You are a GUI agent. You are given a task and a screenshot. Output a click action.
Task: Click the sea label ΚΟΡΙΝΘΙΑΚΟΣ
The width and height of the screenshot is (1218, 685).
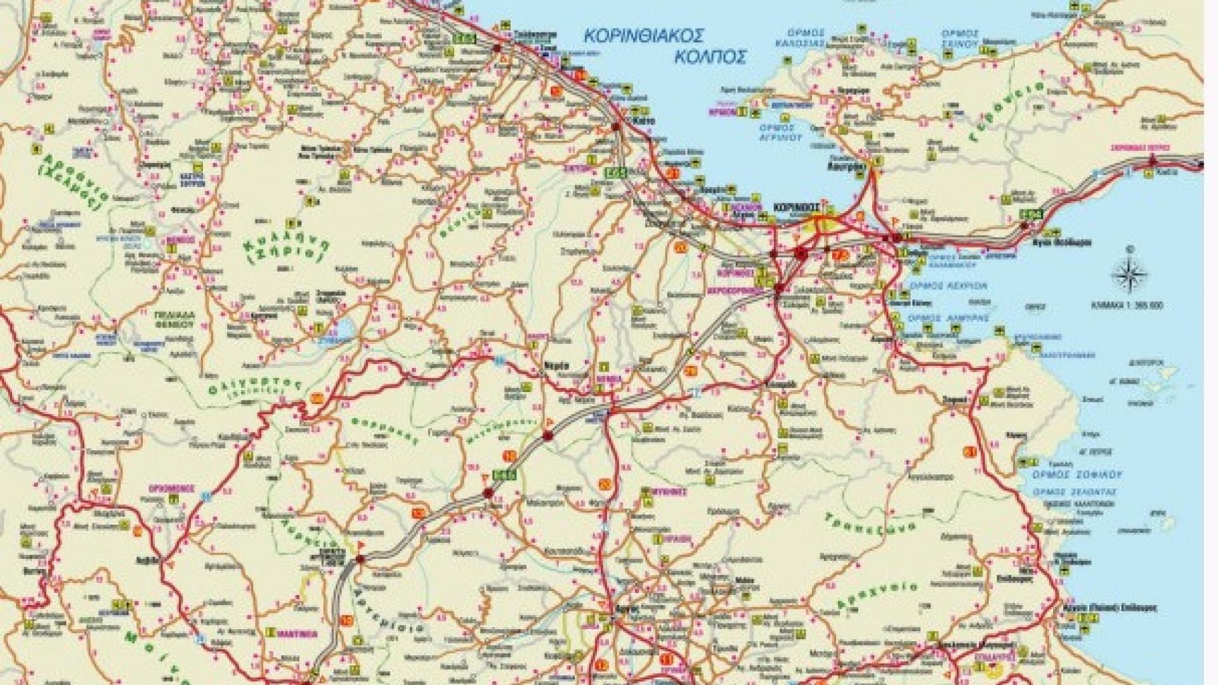pos(635,35)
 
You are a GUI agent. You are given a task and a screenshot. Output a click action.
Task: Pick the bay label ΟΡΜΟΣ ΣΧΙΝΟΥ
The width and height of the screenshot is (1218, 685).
pos(960,38)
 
